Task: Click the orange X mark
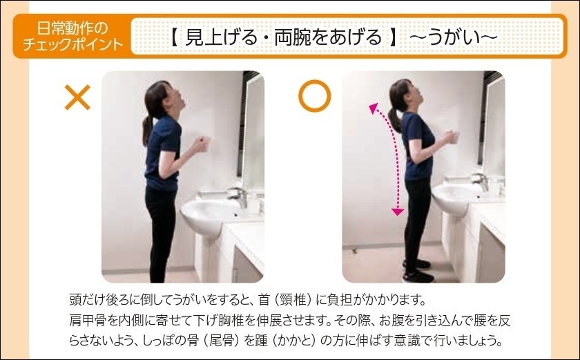click(77, 97)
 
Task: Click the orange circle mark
click(314, 96)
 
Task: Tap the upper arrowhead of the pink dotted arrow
click(374, 108)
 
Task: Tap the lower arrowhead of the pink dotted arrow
click(398, 211)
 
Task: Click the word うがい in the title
click(461, 37)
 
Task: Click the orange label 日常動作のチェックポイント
click(72, 36)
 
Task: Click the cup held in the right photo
click(454, 137)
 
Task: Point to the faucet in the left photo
click(239, 196)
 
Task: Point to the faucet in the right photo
click(480, 180)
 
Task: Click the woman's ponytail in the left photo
click(148, 129)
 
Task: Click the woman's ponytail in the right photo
click(395, 119)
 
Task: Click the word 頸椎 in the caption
click(293, 300)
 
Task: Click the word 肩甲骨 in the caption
click(88, 320)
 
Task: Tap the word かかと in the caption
click(293, 341)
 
